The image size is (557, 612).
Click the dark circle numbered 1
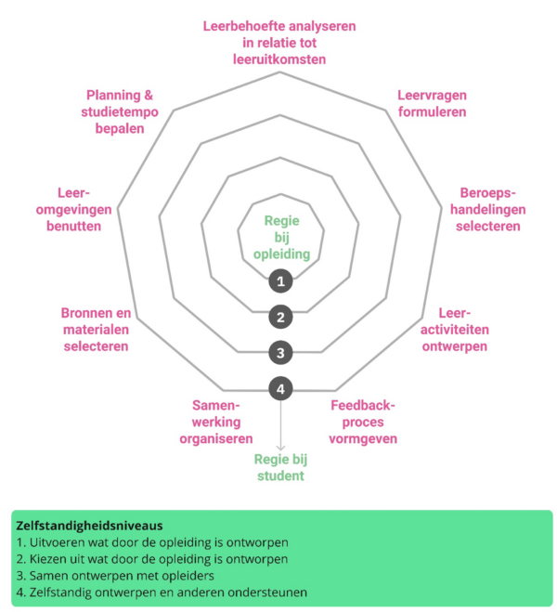[x=280, y=280]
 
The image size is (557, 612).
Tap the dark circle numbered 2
[x=280, y=317]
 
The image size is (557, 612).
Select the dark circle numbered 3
[x=280, y=353]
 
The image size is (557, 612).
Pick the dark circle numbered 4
[x=280, y=389]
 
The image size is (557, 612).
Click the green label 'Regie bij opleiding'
[x=281, y=237]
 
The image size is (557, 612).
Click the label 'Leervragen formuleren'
[x=431, y=103]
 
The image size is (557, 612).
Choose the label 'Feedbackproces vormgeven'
[x=363, y=422]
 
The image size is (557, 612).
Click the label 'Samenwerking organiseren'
[x=216, y=422]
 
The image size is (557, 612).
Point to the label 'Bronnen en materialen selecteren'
[x=96, y=329]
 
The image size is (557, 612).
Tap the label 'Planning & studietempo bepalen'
[x=119, y=111]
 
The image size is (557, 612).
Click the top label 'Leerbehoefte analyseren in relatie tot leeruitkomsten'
[x=279, y=42]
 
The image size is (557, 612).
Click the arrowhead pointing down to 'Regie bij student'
[x=280, y=448]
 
